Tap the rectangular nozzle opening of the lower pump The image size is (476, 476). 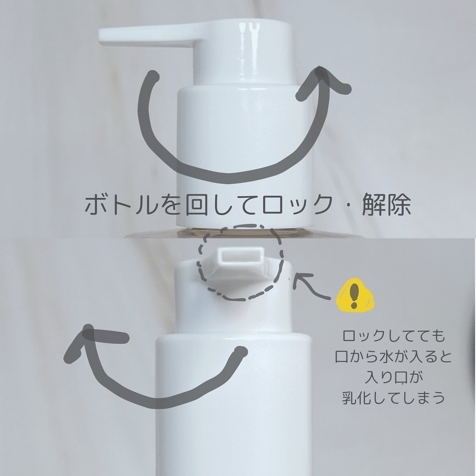(x=242, y=256)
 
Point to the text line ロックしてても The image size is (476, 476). (x=394, y=336)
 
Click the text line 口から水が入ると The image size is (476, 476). (x=394, y=357)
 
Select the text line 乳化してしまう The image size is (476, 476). (x=394, y=398)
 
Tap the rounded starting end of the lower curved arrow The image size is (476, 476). (x=241, y=352)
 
